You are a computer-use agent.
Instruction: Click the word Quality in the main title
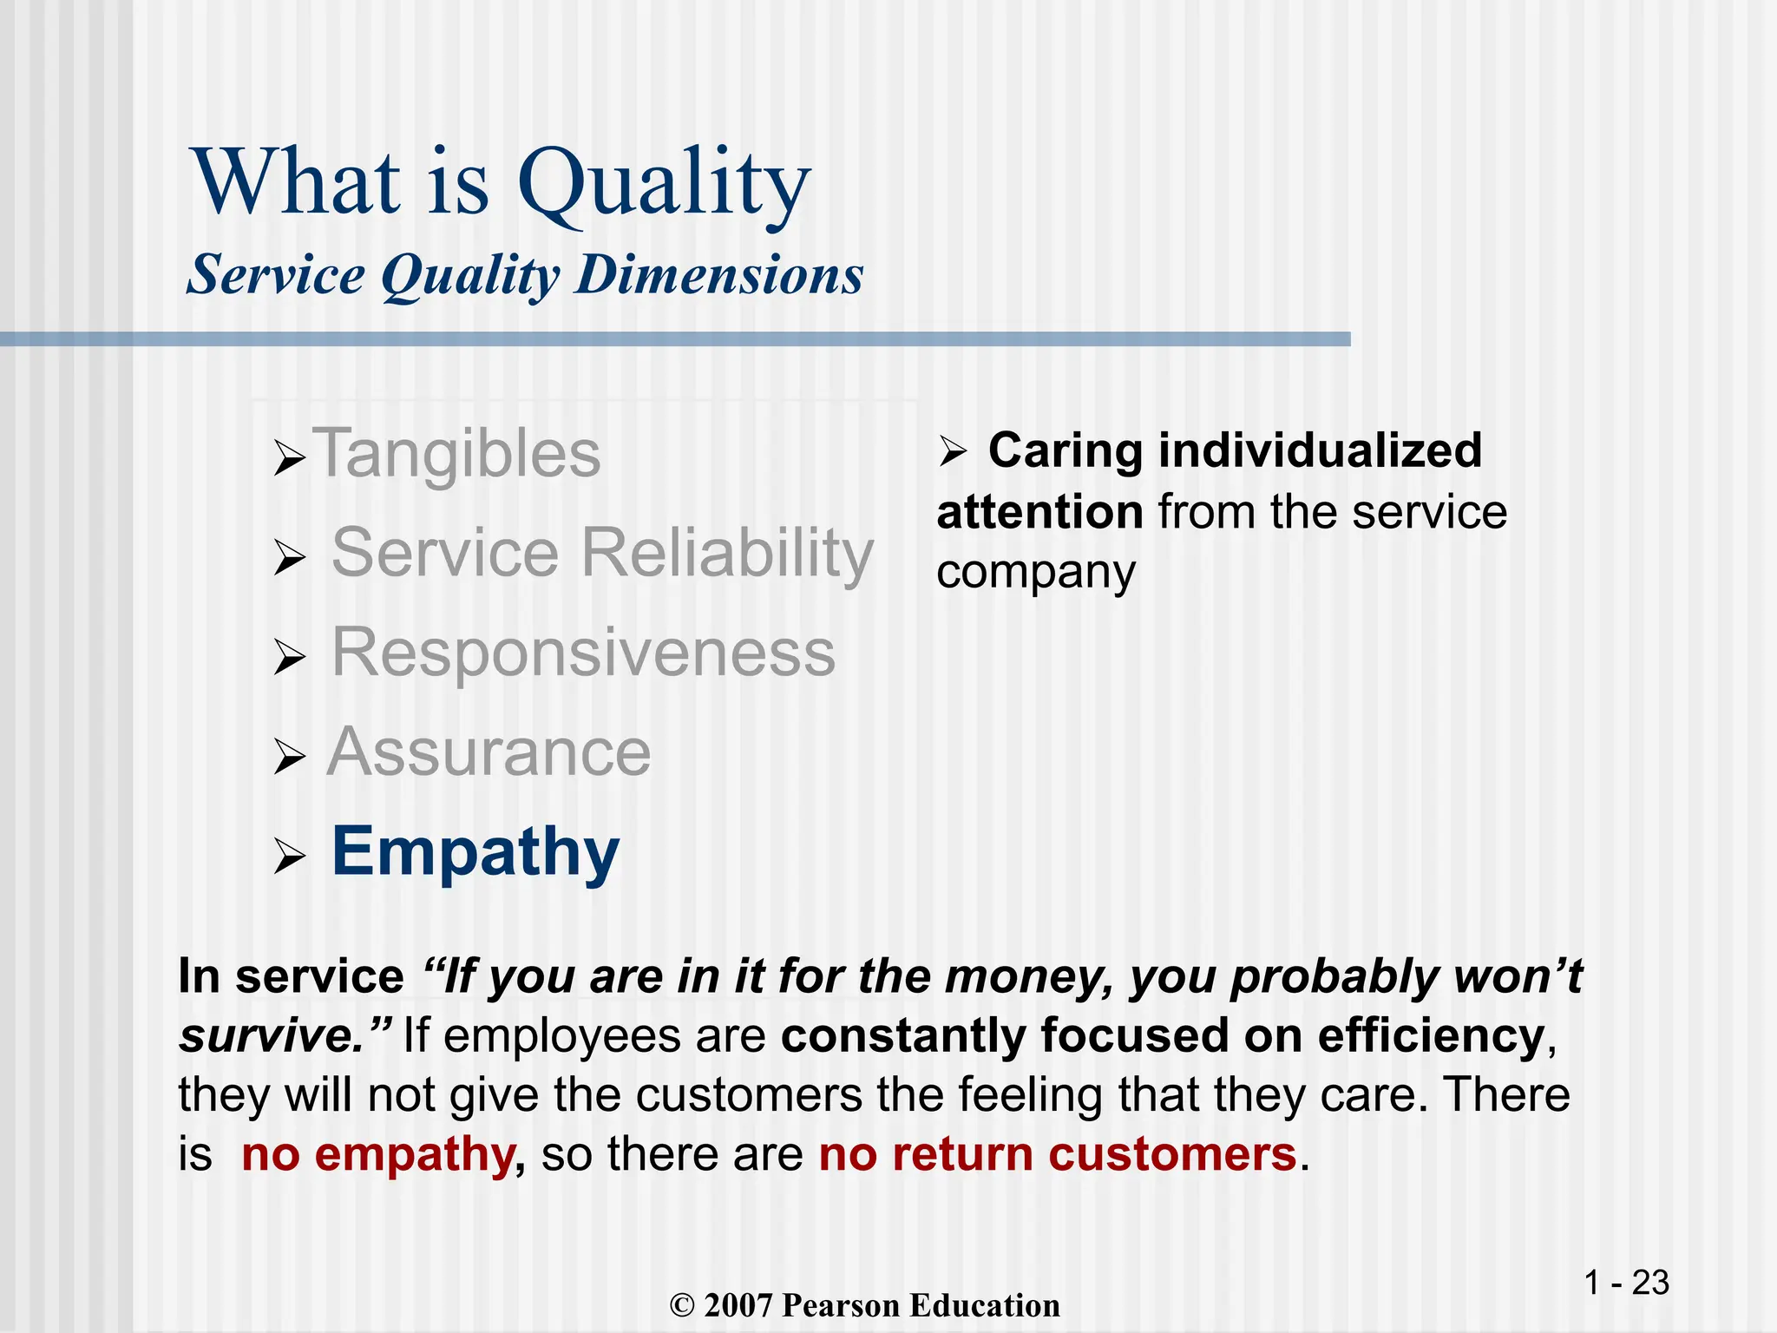coord(663,184)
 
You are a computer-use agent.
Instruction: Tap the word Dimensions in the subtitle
coord(719,275)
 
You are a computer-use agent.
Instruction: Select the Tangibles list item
coord(460,453)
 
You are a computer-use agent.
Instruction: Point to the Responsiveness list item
coord(583,653)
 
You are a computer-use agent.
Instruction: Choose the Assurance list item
coord(489,752)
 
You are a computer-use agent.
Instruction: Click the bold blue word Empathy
coord(475,852)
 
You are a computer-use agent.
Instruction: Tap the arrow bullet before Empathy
coord(289,857)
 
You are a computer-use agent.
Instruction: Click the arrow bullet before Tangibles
coord(289,457)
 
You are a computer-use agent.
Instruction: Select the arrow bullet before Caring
coord(952,452)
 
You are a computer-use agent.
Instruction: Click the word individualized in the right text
coord(1320,450)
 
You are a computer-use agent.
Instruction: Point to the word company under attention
coord(1035,574)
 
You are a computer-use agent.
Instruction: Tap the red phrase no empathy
coord(378,1155)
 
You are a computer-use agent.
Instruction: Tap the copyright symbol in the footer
coord(683,1306)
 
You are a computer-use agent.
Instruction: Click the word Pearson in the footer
coord(840,1306)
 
